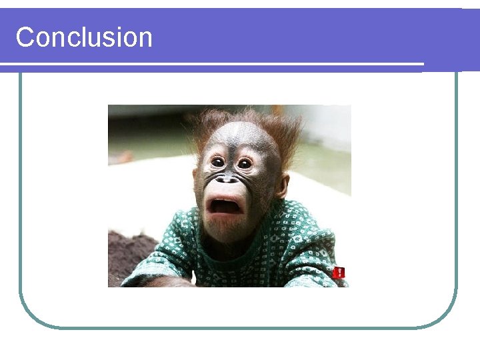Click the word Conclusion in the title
tap(84, 37)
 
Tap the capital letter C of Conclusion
tap(25, 37)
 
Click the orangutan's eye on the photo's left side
tap(218, 161)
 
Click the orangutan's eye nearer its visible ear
tap(245, 163)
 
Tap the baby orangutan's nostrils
tap(227, 179)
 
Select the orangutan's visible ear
tap(283, 186)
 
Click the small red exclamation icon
tap(339, 272)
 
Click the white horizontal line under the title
tap(212, 64)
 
